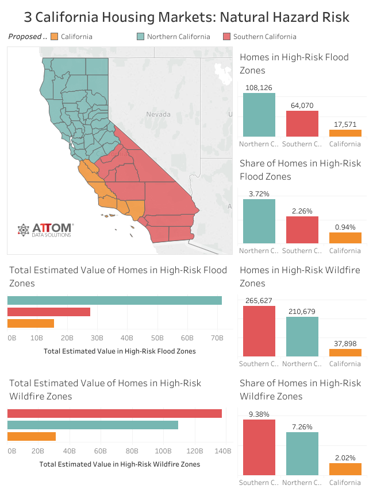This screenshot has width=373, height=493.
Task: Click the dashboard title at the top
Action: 186,17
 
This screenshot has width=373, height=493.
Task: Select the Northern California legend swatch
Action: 140,37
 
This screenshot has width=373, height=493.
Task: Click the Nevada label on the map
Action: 158,114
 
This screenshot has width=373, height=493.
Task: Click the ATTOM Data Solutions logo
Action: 45,230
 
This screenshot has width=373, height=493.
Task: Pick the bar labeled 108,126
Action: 259,114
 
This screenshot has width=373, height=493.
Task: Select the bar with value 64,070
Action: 302,123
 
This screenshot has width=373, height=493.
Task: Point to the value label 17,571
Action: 345,123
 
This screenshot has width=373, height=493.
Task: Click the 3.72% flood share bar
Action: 259,221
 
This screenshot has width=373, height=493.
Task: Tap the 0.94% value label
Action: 345,226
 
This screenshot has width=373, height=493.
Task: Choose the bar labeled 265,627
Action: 259,331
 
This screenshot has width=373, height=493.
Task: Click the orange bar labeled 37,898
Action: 345,352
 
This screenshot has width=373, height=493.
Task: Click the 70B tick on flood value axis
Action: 217,339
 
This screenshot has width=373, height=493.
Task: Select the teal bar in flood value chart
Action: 114,300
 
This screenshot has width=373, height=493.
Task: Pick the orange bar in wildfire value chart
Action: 32,436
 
